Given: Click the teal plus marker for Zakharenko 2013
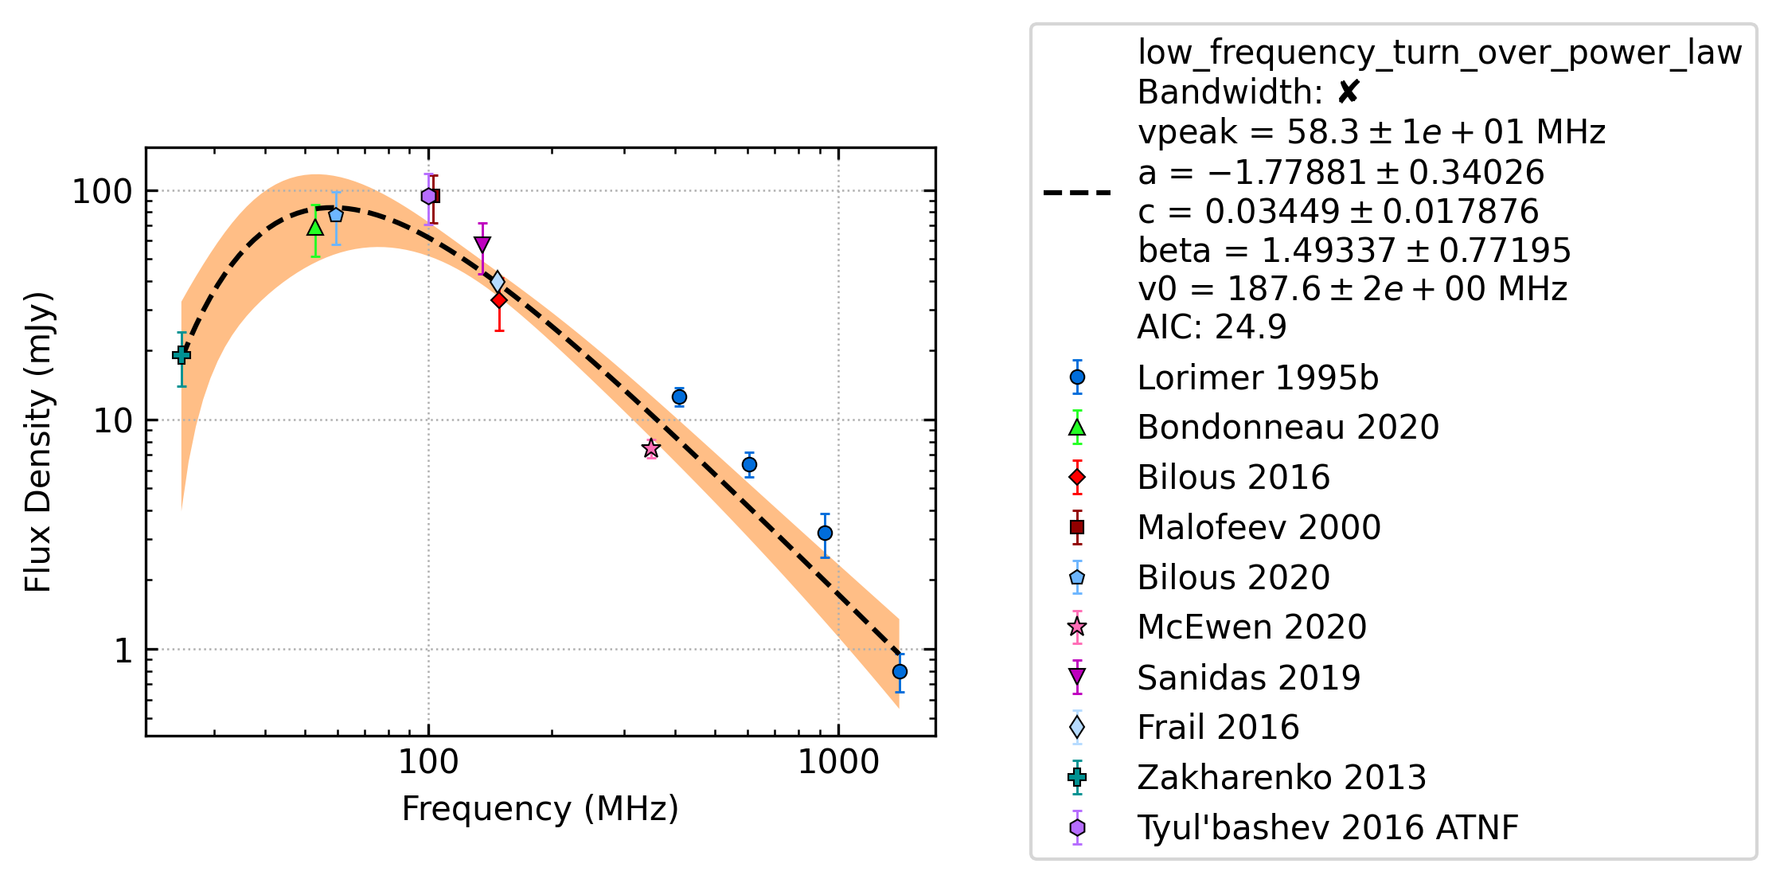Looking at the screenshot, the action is point(182,355).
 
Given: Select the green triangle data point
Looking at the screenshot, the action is point(315,228).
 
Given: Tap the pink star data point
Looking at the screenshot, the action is point(651,448).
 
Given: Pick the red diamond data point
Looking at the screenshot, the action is point(499,300).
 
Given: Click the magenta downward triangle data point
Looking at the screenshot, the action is point(482,244).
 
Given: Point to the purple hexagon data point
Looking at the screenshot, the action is point(428,196).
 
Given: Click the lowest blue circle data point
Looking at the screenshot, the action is point(900,671).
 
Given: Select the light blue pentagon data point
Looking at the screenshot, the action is point(336,214).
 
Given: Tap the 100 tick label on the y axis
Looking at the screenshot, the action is point(102,191).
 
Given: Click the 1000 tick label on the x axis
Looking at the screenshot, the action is point(838,762).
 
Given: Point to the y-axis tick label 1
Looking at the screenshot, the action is point(123,651).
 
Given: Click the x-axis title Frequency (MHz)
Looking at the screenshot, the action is point(540,808).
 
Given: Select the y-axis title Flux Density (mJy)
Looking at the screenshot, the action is point(37,442).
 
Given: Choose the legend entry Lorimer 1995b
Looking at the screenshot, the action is point(1258,377).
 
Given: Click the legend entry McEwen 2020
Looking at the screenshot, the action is point(1252,627).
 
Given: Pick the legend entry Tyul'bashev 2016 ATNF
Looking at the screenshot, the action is point(1328,827).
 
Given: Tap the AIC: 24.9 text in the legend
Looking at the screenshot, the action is point(1212,326).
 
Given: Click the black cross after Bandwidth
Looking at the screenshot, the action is point(1349,92).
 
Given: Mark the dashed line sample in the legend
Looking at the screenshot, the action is point(1077,193).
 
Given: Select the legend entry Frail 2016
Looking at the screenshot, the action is point(1218,727).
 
